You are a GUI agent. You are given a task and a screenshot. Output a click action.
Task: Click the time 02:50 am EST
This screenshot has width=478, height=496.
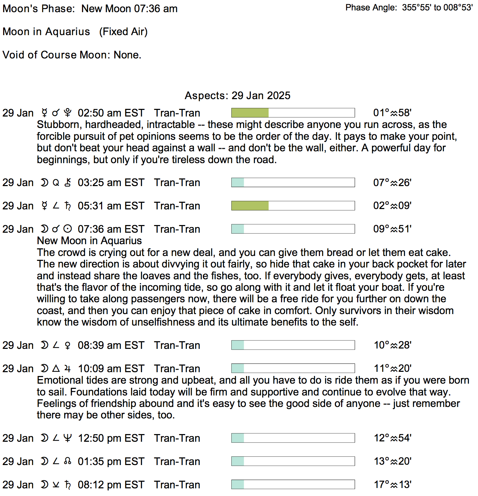tap(111, 113)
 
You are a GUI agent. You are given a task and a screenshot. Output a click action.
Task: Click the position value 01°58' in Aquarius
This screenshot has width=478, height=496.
tap(392, 113)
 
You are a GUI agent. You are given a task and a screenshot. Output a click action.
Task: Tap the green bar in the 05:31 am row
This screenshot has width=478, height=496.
tap(250, 206)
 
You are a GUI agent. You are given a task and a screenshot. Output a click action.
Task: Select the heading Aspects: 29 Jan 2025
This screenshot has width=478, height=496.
tap(237, 96)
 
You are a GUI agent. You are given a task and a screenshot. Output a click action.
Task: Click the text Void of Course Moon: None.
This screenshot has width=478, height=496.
tap(72, 55)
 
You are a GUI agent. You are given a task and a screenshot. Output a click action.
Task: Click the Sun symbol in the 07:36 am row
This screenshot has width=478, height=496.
tap(68, 229)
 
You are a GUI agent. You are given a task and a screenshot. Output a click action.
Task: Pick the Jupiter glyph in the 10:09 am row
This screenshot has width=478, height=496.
tap(68, 368)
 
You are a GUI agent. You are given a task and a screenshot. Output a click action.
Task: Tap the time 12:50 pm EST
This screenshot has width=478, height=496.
tap(111, 438)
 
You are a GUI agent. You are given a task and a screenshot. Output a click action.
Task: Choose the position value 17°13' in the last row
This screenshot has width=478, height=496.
tap(393, 485)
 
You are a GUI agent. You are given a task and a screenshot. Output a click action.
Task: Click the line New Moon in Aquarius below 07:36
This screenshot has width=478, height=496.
tap(89, 241)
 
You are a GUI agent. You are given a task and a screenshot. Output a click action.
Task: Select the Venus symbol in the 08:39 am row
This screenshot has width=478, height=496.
tap(68, 345)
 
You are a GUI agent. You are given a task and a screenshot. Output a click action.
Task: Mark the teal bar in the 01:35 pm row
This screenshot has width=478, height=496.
tap(238, 461)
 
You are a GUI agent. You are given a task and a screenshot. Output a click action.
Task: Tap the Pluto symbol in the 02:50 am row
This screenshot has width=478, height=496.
tap(68, 113)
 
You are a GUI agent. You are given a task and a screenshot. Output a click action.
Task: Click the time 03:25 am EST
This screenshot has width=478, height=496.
tap(111, 183)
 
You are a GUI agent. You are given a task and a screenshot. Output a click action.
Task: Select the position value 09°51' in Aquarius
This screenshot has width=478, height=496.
tap(392, 229)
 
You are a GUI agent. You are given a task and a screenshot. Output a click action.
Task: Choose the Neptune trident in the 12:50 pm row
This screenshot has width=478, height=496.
tap(68, 438)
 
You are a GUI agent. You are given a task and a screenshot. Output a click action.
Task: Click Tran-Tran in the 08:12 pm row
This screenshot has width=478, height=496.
tap(177, 485)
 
